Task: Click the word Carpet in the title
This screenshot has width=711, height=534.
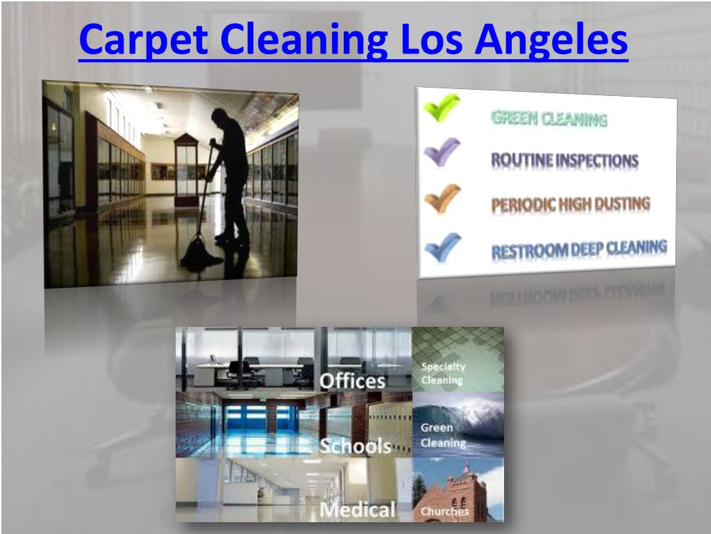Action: click(x=142, y=40)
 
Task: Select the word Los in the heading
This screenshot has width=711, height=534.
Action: click(x=433, y=40)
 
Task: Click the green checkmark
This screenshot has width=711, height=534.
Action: click(x=442, y=109)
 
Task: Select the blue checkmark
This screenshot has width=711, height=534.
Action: click(x=442, y=245)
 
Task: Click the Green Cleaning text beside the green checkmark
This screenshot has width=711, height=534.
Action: click(x=549, y=119)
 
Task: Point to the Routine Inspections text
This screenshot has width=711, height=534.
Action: click(x=564, y=161)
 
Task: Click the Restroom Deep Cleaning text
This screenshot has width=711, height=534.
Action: click(x=579, y=249)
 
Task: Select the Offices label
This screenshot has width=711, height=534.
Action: click(x=351, y=380)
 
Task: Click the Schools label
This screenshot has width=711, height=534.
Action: click(x=355, y=446)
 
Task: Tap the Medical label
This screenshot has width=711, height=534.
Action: click(x=358, y=510)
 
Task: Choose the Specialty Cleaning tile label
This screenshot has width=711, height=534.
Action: click(x=443, y=373)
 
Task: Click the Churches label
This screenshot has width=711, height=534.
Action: click(x=445, y=511)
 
